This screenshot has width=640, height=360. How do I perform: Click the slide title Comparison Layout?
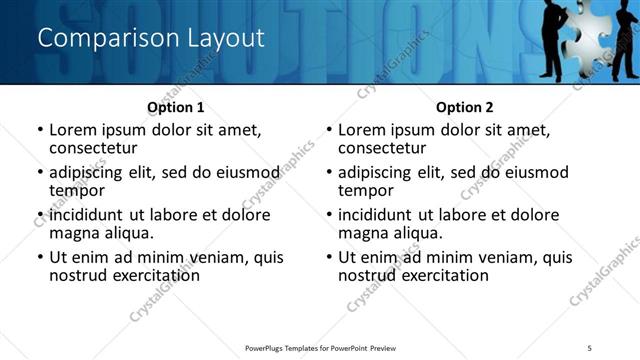point(151,38)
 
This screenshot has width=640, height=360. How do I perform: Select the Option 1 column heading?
point(175,107)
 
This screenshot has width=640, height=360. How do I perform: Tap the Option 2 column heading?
point(464,107)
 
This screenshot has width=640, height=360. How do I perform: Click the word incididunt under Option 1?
point(89,215)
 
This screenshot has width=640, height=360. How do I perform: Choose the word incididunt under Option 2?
point(378,215)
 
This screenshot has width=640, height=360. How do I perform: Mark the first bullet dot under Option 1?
point(40,130)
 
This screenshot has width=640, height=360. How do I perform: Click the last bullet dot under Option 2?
point(329,257)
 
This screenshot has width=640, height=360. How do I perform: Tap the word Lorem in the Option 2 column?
point(361,130)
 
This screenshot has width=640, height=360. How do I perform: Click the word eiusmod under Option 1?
point(246,172)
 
